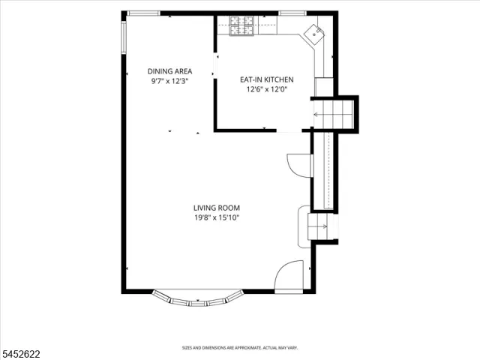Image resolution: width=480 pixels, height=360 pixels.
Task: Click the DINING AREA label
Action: point(170,71)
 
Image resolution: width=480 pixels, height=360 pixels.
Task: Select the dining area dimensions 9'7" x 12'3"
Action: point(169,81)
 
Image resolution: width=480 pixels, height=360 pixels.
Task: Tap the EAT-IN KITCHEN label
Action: point(267,79)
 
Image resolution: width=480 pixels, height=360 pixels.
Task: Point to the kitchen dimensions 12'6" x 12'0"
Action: point(267,89)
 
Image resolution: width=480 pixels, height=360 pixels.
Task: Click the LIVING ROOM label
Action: point(217,208)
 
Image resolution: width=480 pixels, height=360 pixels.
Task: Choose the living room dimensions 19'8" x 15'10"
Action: point(217,217)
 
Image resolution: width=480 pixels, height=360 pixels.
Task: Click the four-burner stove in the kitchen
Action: point(241,25)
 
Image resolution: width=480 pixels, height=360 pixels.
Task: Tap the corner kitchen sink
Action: point(313,33)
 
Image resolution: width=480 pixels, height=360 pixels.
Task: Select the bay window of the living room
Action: point(198,298)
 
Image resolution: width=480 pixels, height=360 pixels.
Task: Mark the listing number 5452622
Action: point(20,354)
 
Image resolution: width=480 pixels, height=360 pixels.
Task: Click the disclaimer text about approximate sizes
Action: point(240,348)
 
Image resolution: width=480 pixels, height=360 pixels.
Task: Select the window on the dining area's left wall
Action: point(124,37)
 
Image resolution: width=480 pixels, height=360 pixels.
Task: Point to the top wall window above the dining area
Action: point(143,13)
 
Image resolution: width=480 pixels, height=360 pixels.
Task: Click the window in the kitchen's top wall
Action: point(292,13)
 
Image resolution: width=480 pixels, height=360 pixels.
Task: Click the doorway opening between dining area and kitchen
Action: point(215,66)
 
